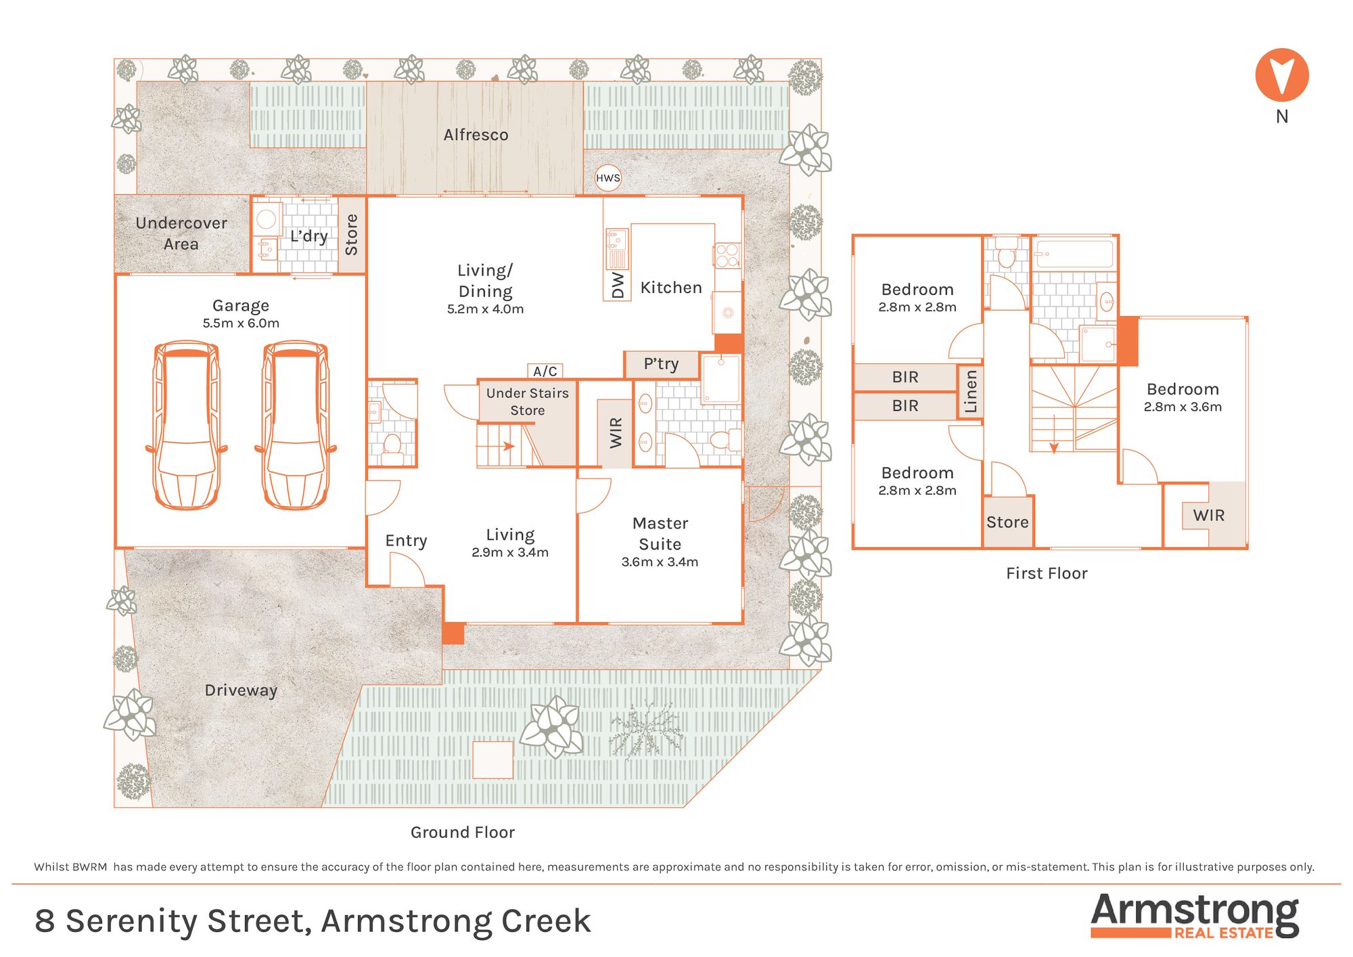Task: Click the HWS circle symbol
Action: pos(607,178)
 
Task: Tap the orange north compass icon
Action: pos(1282,75)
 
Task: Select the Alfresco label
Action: pos(476,135)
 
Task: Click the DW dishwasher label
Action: pos(618,285)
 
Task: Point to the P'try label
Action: pos(661,364)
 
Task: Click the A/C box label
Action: pos(545,371)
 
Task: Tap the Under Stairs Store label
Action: pos(528,401)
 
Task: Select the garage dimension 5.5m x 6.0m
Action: pos(241,324)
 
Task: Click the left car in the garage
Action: pos(187,425)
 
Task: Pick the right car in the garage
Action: pos(296,425)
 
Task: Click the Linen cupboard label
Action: pos(971,391)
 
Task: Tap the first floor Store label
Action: pos(1007,522)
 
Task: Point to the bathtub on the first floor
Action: pos(1074,254)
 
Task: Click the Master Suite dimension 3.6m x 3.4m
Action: pos(660,562)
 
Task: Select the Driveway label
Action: pos(241,690)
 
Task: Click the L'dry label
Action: pos(309,236)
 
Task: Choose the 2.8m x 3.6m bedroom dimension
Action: pos(1183,407)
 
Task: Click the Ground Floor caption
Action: pos(463,832)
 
